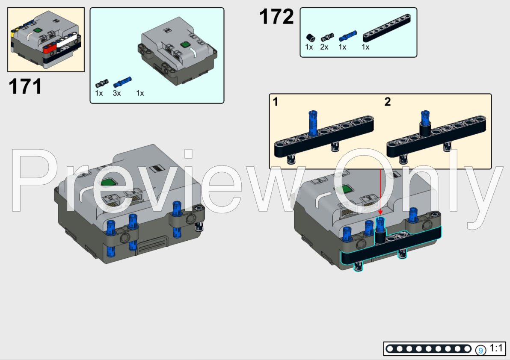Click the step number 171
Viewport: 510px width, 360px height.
click(x=26, y=86)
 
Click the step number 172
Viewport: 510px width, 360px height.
click(x=276, y=18)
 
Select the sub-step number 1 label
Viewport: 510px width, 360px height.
click(x=276, y=102)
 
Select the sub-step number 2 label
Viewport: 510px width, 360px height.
click(x=387, y=102)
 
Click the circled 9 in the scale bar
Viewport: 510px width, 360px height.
click(x=481, y=350)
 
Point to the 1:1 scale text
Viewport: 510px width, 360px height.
click(x=496, y=348)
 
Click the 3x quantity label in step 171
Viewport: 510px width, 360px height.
click(x=117, y=93)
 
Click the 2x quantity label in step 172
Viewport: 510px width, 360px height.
click(x=324, y=47)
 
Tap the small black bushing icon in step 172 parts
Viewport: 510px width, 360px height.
click(x=310, y=37)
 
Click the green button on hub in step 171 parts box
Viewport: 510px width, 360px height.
click(x=185, y=44)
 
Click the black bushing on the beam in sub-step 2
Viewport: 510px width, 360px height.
click(x=425, y=129)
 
